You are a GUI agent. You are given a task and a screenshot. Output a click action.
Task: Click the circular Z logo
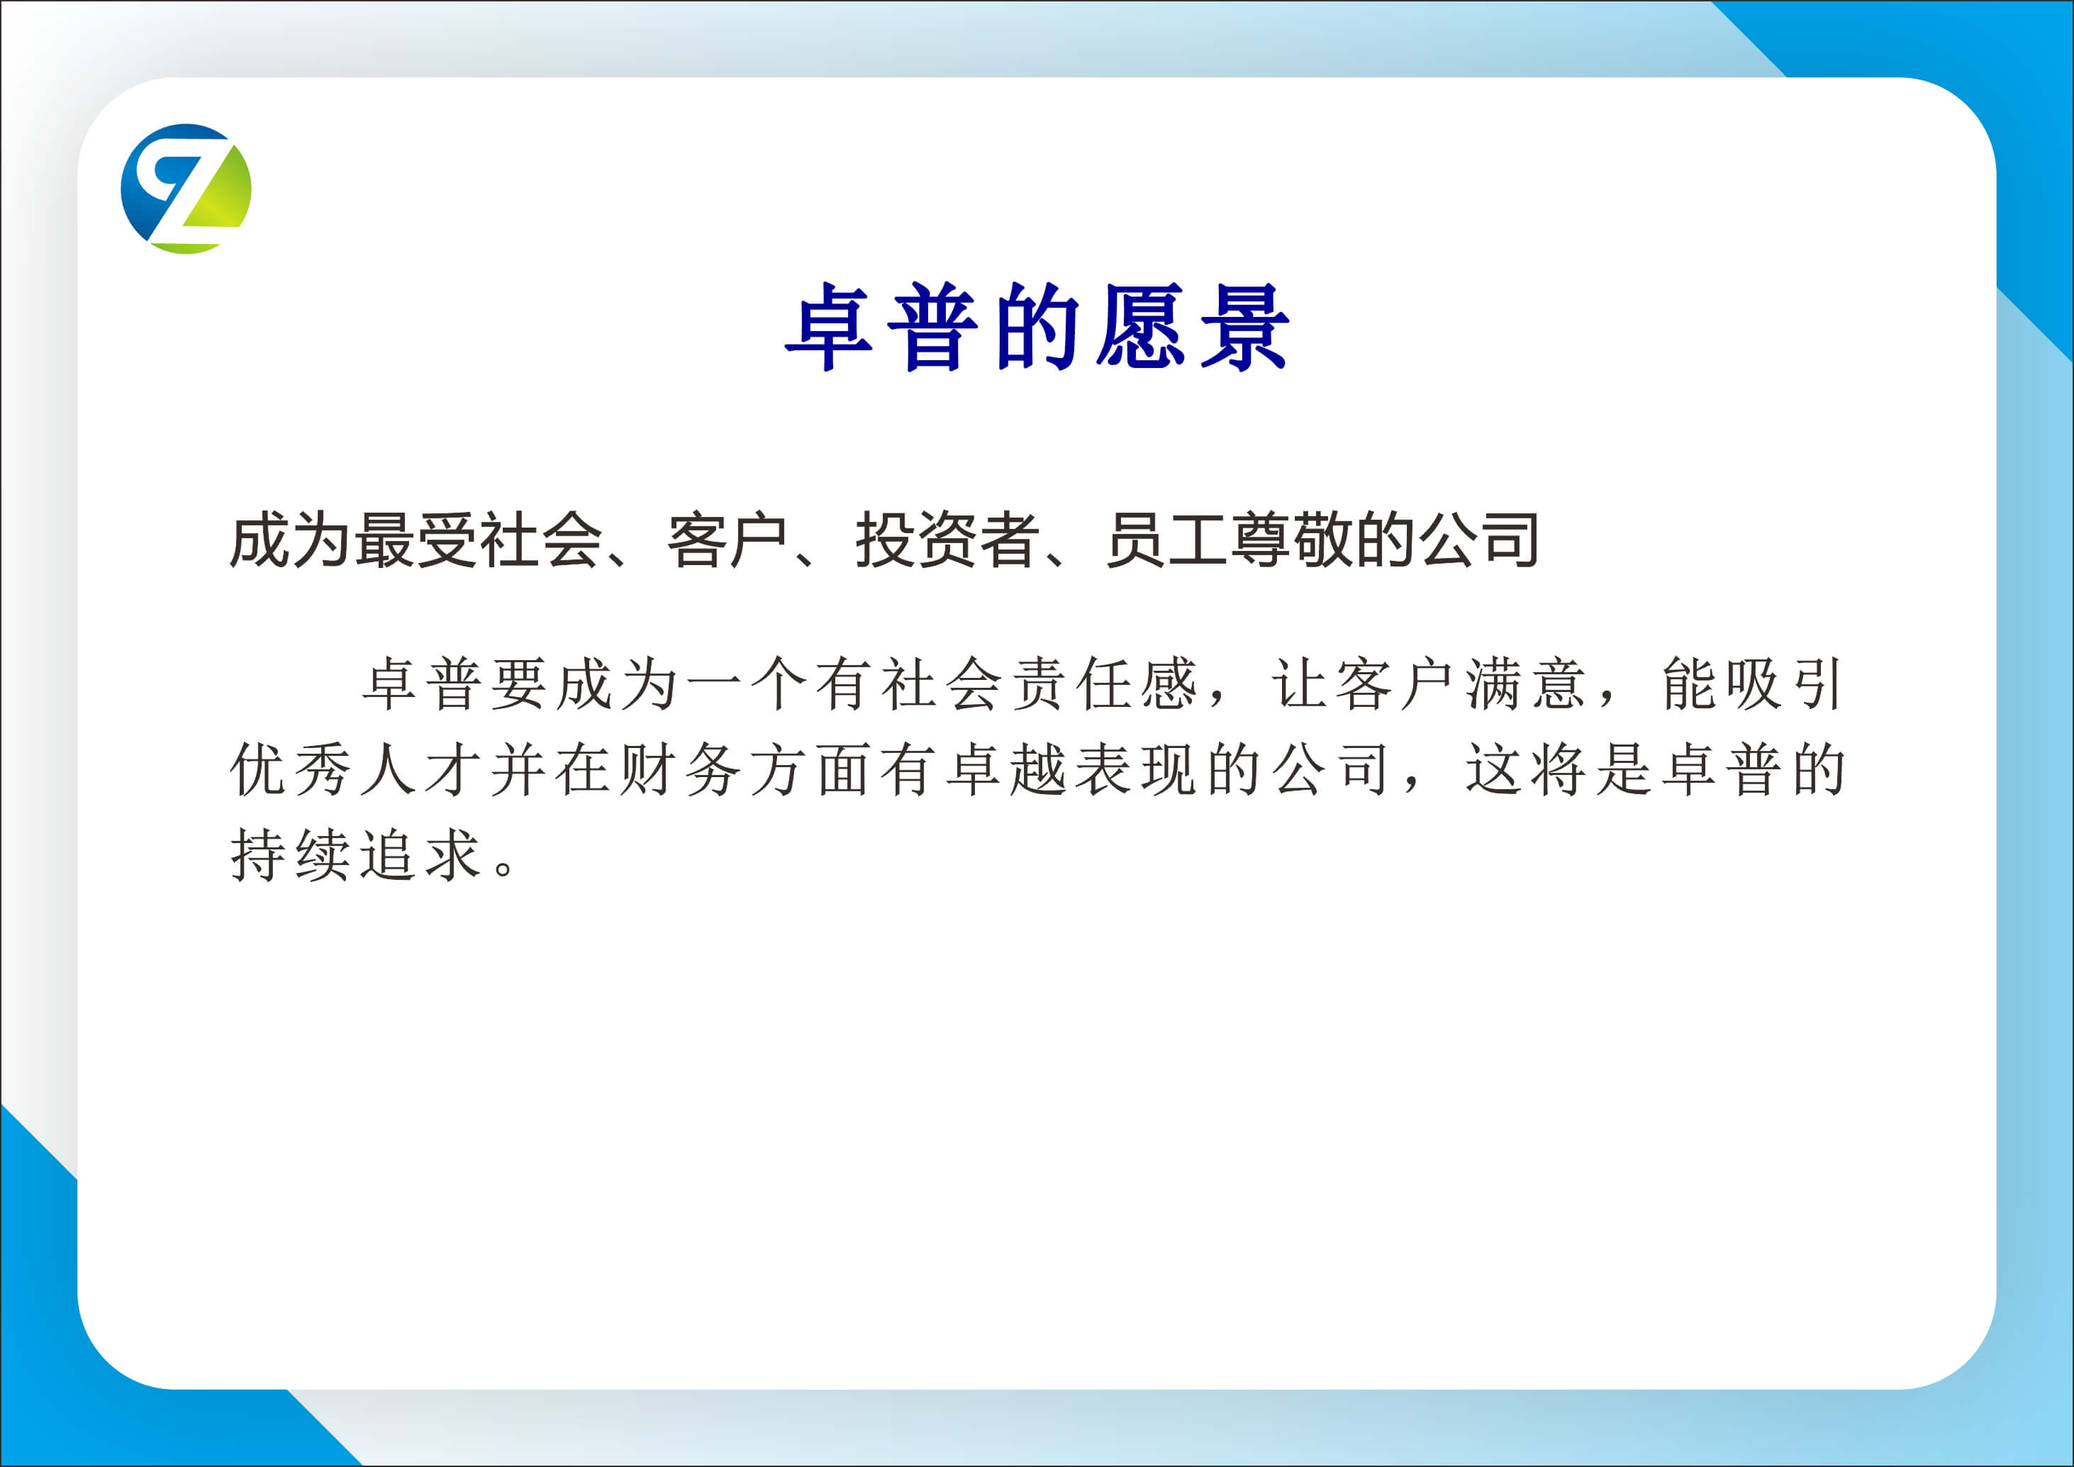click(186, 189)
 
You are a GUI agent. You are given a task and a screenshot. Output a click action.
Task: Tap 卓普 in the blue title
click(881, 327)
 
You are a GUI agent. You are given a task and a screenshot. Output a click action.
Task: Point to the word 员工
click(1167, 540)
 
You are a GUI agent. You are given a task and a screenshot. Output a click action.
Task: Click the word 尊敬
click(1293, 540)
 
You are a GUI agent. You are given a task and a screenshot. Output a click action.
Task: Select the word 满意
click(1526, 685)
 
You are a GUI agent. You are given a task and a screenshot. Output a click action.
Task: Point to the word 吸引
click(1784, 685)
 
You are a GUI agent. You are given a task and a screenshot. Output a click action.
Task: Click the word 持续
click(291, 854)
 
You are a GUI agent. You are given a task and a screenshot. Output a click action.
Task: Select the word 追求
click(421, 854)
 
